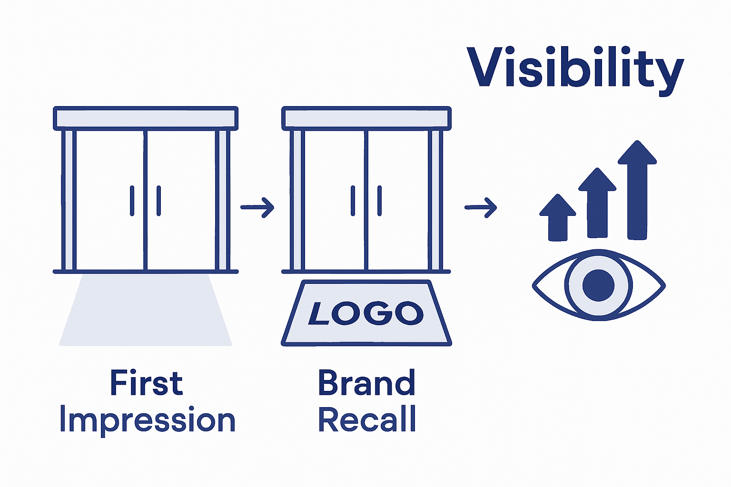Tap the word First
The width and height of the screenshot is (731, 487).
point(146,383)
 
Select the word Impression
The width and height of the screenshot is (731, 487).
point(148,420)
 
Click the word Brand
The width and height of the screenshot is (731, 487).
point(366,383)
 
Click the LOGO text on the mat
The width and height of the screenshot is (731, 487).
point(366,313)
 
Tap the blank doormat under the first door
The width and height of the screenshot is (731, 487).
point(146,312)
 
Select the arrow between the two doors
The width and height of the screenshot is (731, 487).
point(257,207)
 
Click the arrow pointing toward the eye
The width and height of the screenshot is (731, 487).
point(481,207)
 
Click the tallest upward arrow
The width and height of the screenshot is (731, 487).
point(637,190)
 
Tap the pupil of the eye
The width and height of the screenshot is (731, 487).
point(598,285)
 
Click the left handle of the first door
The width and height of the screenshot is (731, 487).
point(132,201)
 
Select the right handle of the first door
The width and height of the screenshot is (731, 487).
point(158,201)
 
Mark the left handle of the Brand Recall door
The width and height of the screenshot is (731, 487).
point(353,201)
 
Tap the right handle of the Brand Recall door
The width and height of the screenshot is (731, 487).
point(379,201)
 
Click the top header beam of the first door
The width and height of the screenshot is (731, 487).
point(146,118)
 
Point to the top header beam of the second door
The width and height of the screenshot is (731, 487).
point(366,118)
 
